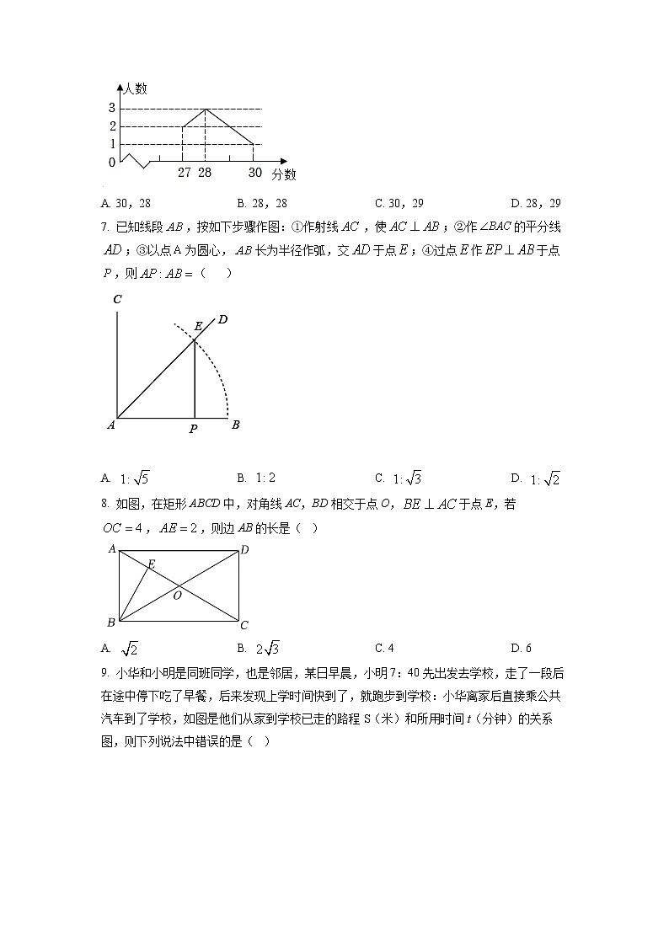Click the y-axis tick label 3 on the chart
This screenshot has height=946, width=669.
111,108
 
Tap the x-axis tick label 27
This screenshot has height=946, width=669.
185,172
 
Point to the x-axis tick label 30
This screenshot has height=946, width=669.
254,172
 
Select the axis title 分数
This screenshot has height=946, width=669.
284,174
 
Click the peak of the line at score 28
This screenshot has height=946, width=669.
206,109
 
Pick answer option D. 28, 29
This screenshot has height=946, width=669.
536,203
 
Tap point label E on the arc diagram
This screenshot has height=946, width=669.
198,326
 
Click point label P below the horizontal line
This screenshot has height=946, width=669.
193,430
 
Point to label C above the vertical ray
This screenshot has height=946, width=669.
117,299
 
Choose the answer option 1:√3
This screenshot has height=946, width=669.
407,478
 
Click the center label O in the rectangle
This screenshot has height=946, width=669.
177,596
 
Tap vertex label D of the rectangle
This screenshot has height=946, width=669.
244,550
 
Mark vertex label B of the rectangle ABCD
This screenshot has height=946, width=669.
110,623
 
